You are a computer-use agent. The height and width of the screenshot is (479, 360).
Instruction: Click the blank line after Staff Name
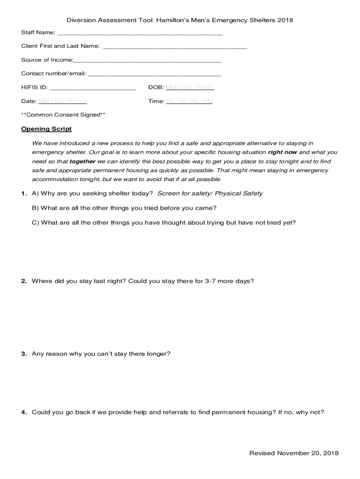[140, 34]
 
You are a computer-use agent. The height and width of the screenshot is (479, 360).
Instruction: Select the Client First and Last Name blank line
[175, 47]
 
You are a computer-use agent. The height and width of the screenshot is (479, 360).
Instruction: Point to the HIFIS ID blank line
[93, 88]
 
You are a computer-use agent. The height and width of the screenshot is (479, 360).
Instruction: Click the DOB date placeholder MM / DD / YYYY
[190, 87]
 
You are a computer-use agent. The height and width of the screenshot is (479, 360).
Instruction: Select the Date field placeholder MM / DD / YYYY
[63, 101]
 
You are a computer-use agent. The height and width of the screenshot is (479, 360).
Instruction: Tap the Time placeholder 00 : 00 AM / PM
[189, 101]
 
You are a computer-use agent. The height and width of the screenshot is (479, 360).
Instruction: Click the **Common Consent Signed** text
[63, 115]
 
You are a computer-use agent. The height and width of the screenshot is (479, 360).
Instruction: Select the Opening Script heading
[46, 129]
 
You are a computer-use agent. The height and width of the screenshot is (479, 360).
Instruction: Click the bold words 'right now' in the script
[282, 152]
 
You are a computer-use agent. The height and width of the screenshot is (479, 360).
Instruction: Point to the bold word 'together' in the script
[82, 161]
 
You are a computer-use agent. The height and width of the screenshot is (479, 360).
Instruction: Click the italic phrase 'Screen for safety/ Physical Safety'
[210, 194]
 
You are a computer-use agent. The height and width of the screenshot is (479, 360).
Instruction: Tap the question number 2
[24, 281]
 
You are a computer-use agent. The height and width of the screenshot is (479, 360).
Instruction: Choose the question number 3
[24, 354]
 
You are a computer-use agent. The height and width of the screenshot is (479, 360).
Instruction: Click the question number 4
[24, 413]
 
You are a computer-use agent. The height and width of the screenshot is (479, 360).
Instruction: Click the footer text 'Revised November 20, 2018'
[294, 453]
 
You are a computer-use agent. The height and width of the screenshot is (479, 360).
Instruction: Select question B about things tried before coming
[124, 208]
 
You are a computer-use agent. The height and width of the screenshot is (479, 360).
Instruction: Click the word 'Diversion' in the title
[80, 21]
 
